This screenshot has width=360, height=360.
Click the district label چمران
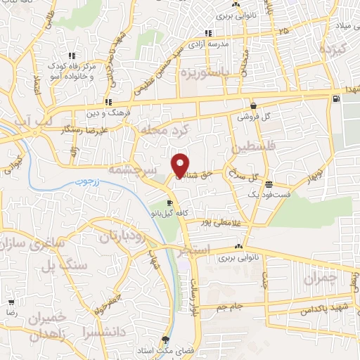click(321, 278)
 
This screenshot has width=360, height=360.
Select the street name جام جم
click(248, 307)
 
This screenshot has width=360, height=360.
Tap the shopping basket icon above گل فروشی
click(252, 103)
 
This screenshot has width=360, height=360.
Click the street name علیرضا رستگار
click(83, 131)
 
